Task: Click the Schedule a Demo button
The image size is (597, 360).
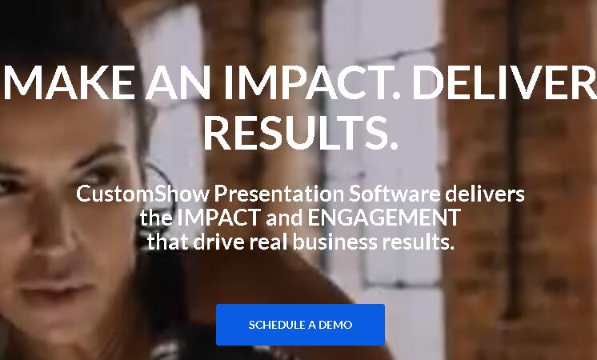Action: point(300,325)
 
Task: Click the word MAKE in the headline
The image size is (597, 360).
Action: point(69,82)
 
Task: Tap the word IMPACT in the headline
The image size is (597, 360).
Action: point(312,82)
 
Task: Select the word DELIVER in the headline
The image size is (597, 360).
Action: point(504,82)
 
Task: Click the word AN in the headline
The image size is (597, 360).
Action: point(178,82)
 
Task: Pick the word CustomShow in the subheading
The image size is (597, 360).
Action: point(142,194)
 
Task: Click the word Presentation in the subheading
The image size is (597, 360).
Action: point(279,194)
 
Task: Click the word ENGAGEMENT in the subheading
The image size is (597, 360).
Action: point(384,218)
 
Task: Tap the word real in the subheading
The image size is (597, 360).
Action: point(268,242)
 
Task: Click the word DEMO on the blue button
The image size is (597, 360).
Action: point(335,325)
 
